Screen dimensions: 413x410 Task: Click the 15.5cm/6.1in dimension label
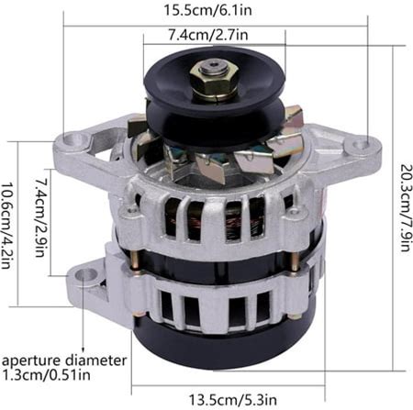(207, 10)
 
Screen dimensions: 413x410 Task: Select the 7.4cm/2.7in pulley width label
(208, 36)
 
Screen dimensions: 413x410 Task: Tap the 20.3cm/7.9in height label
(406, 207)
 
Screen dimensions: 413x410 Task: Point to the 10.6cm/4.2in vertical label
(7, 226)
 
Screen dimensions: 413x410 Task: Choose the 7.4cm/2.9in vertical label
(41, 217)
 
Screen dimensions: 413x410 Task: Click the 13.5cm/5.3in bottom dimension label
(232, 400)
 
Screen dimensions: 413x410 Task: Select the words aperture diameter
(64, 360)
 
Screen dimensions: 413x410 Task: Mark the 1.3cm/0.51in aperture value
(46, 374)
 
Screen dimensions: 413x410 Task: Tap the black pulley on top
(214, 98)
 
